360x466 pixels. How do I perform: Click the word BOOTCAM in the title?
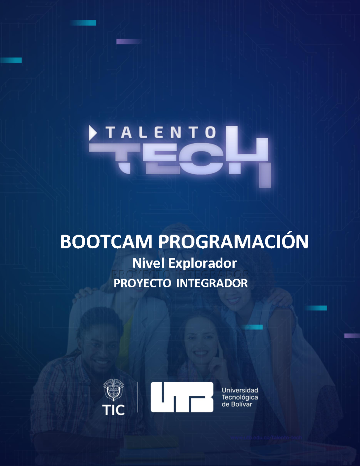click(106, 242)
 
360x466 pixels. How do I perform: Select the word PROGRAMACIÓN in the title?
click(233, 242)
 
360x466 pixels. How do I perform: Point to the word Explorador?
click(202, 263)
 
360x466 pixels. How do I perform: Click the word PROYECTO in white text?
click(142, 283)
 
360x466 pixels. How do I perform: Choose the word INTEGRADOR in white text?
click(212, 283)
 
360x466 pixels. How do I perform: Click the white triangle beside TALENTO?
click(92, 133)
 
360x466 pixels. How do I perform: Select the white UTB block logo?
click(182, 397)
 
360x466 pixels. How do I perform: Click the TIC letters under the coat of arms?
click(113, 410)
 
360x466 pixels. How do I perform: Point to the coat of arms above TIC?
click(113, 389)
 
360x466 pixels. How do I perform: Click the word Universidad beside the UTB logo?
click(240, 390)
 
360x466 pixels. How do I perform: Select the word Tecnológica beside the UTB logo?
click(240, 397)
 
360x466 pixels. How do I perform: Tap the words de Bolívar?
click(237, 404)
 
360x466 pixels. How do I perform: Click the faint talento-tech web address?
click(266, 437)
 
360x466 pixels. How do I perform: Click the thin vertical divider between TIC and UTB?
click(138, 397)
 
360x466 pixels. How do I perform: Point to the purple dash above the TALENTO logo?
click(129, 41)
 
